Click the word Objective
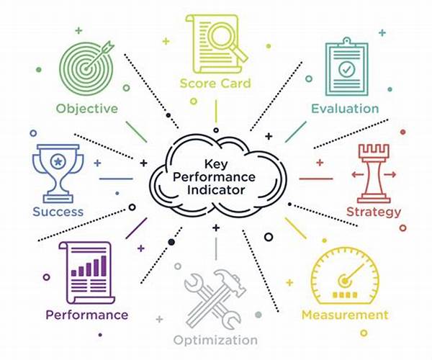click(x=87, y=109)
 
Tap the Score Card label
click(x=215, y=84)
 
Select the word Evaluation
click(x=345, y=109)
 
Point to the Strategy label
click(x=374, y=212)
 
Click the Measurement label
click(x=345, y=315)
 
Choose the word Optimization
click(x=215, y=341)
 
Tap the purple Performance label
click(x=87, y=315)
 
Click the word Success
click(x=58, y=212)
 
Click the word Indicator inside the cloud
click(x=216, y=190)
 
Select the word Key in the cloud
click(x=216, y=164)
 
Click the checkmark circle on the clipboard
click(x=346, y=69)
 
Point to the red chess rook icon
click(x=374, y=174)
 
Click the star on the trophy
click(x=58, y=161)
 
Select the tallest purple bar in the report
click(x=104, y=266)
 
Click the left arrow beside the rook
click(x=357, y=174)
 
